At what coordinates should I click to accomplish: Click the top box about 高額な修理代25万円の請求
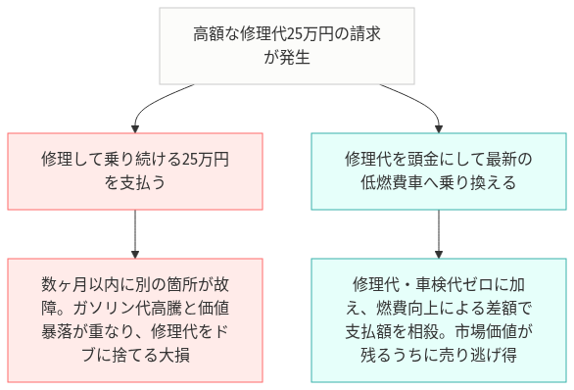coord(286,45)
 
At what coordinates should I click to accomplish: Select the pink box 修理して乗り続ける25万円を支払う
coord(135,170)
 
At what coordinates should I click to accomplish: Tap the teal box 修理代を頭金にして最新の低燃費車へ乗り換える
coord(437,170)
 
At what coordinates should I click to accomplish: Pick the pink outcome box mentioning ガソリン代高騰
coord(135,319)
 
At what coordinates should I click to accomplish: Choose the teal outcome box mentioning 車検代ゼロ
coord(437,319)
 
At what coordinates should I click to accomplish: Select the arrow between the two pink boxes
coord(135,233)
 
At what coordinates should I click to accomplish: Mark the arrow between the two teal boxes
coord(437,233)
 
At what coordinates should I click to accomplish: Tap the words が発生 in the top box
coord(286,57)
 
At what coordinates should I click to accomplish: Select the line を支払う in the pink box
coord(135,182)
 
